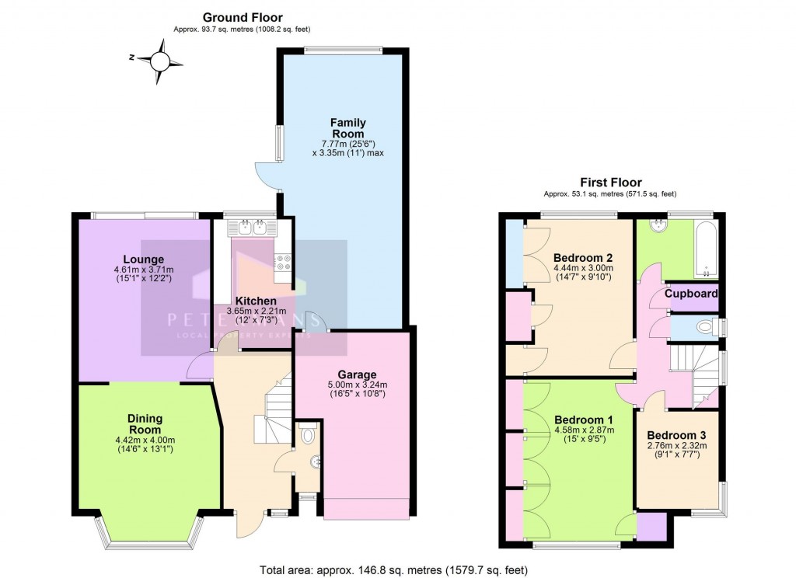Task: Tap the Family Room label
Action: [x=347, y=128]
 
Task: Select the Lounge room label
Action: [x=142, y=259]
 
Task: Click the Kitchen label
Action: [x=256, y=301]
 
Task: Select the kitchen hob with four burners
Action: [x=282, y=263]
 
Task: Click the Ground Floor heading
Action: [x=243, y=17]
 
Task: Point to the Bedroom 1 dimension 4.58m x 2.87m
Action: [x=584, y=430]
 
